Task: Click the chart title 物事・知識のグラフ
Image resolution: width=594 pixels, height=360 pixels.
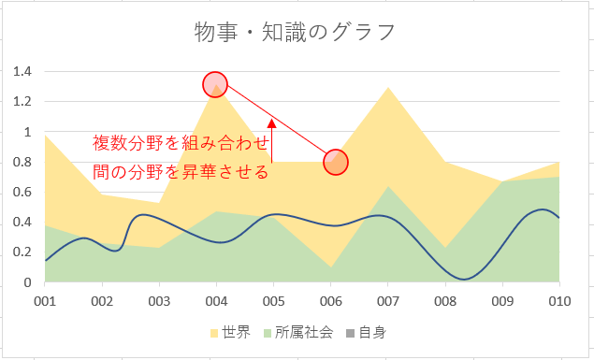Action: (x=295, y=32)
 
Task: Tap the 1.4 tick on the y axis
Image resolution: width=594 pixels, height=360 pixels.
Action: (x=22, y=71)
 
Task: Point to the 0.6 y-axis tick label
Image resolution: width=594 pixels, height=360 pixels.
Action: (x=22, y=192)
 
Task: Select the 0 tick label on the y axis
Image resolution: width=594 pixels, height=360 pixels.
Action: (x=28, y=282)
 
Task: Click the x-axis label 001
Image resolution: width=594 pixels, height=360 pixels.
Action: (x=45, y=301)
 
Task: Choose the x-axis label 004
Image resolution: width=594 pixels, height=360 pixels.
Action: (x=216, y=301)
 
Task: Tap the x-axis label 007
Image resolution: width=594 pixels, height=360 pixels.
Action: (x=388, y=301)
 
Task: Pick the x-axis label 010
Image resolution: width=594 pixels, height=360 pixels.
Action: (x=559, y=301)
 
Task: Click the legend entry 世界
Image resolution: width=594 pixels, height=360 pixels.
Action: (x=231, y=333)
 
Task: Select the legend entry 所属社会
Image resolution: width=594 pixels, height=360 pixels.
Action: (x=299, y=333)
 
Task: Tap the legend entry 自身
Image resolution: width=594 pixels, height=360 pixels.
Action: (x=367, y=333)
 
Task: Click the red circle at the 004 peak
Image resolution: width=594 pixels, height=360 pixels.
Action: (x=215, y=84)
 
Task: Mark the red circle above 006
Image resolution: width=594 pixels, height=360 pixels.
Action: (x=336, y=162)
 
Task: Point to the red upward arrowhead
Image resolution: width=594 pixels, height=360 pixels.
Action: (x=271, y=123)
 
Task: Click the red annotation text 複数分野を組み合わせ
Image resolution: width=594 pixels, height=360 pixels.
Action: (x=181, y=143)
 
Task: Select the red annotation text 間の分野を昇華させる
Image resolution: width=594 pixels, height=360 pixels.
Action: (x=181, y=172)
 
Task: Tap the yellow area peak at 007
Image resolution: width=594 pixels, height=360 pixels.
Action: (x=388, y=88)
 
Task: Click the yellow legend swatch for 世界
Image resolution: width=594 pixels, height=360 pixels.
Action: (x=214, y=333)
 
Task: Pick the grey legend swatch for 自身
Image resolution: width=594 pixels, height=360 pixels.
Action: (x=351, y=333)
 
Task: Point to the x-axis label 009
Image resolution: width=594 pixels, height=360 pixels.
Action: (x=502, y=301)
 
